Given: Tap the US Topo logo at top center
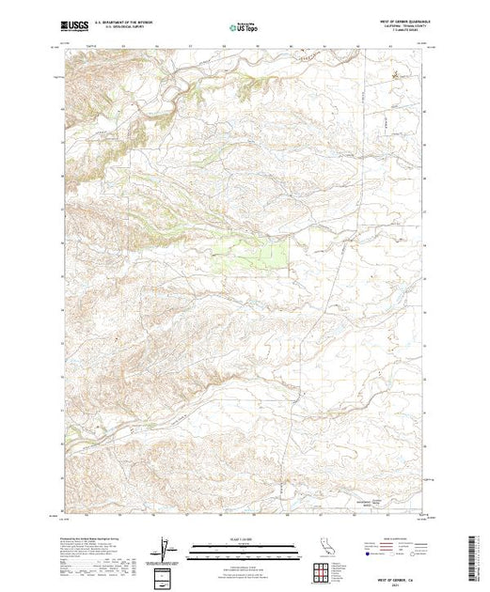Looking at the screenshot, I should point(245,28).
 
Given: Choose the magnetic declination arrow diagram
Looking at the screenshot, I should point(166,545).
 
